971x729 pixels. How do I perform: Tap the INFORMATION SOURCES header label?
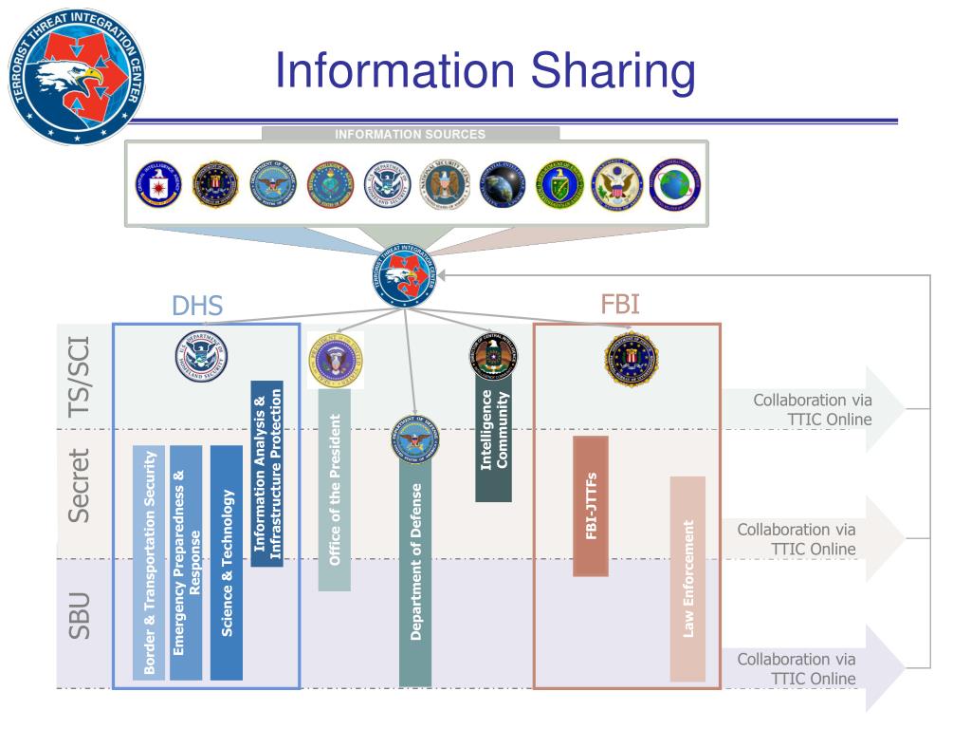410,135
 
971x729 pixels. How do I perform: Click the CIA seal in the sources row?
157,184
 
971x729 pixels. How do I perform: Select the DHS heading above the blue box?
197,306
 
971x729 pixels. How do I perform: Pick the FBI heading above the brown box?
620,305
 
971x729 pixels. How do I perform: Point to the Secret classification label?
81,485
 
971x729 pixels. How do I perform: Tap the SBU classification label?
81,615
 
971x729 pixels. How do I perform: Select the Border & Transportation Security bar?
149,563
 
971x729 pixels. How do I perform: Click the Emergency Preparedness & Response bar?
187,563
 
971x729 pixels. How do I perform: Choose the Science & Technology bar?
227,563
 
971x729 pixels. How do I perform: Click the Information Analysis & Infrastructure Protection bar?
267,474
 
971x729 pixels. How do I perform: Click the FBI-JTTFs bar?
590,506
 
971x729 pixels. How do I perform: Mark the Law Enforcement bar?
687,578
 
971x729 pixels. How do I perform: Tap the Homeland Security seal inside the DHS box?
201,357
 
